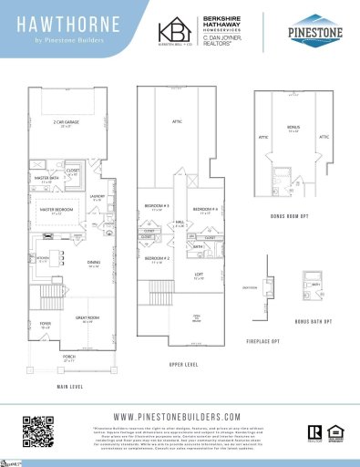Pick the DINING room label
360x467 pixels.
(94, 265)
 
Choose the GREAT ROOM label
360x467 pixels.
(88, 321)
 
